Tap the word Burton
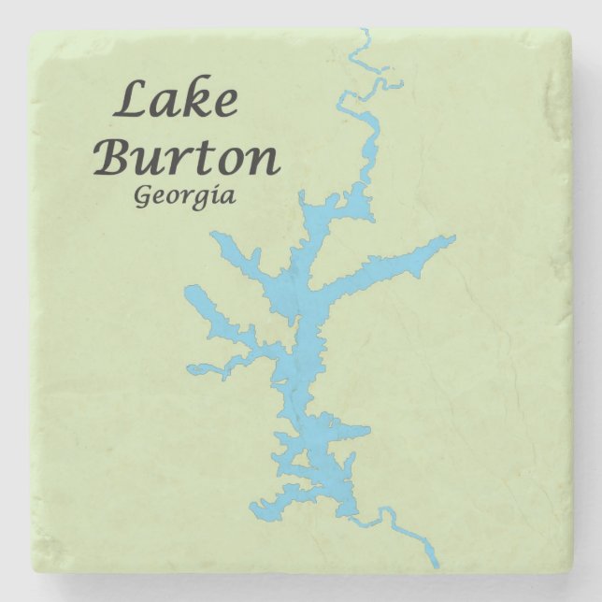[x=187, y=157]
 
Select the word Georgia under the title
[x=184, y=197]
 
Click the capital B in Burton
[x=115, y=157]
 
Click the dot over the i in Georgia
[x=216, y=187]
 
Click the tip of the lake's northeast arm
[x=454, y=239]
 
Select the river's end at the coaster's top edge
[x=364, y=31]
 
